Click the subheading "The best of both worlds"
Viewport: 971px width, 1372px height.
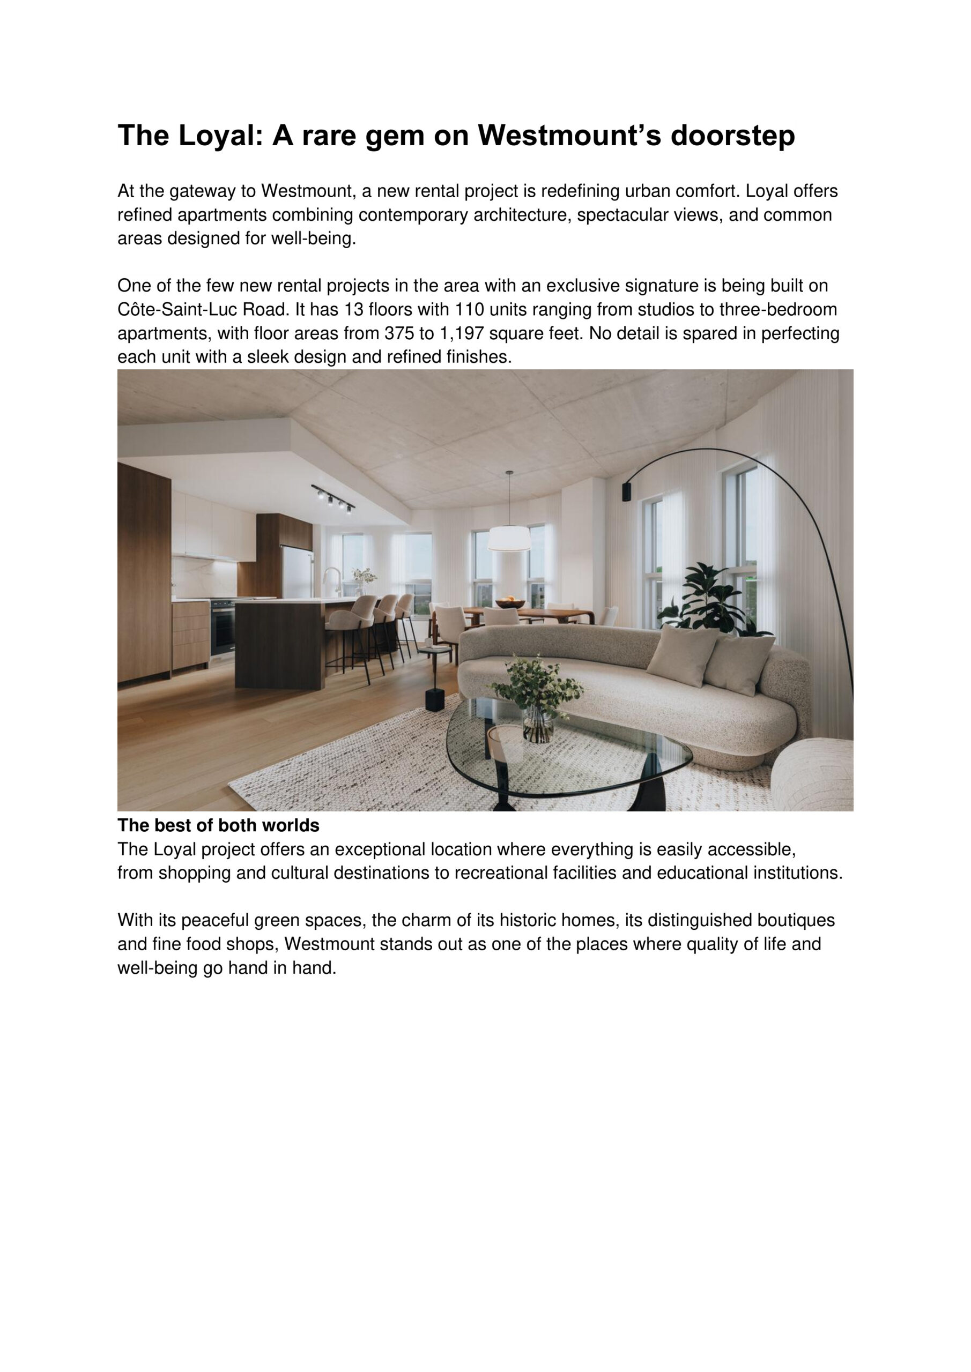pos(218,826)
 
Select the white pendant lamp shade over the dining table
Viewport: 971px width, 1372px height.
pos(508,539)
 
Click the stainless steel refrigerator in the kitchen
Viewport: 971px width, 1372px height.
pos(297,572)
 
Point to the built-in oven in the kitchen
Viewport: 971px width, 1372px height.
pos(222,628)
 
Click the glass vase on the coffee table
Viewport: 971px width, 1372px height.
pos(538,724)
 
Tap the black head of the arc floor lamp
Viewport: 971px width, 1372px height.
pos(627,491)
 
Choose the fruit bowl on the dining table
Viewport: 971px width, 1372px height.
pos(510,603)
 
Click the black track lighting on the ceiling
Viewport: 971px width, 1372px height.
pos(333,498)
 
